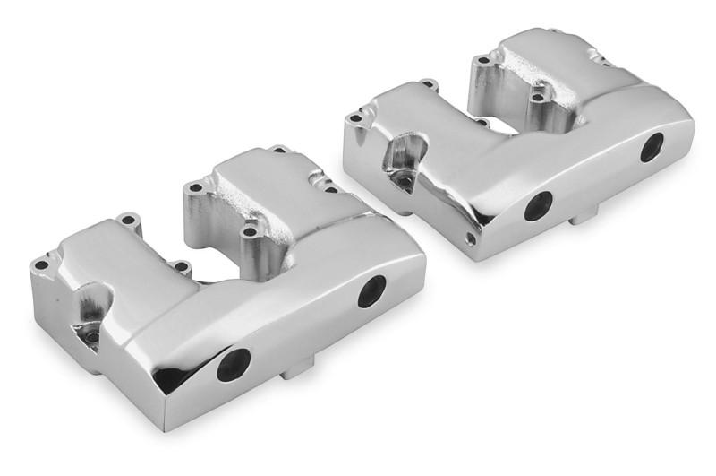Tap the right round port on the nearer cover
(x=371, y=291)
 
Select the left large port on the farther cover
(x=538, y=206)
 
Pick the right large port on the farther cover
(x=652, y=147)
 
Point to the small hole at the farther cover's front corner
(x=471, y=238)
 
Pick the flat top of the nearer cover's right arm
(x=260, y=179)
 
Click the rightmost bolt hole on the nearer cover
(x=332, y=189)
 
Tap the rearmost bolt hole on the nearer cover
(x=278, y=150)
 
